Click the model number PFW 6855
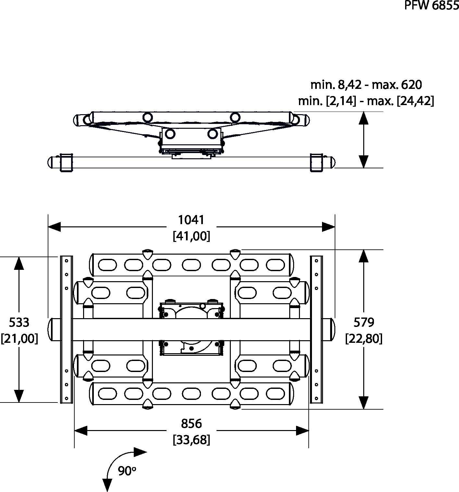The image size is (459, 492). [x=431, y=5]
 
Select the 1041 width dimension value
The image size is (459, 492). [x=191, y=220]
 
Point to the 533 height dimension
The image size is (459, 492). [x=19, y=322]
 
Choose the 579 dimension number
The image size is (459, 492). [x=364, y=322]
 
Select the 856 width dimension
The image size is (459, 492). [x=191, y=424]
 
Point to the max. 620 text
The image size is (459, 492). [x=397, y=85]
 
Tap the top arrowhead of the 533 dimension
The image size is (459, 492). [x=19, y=263]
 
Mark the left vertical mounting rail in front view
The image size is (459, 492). [x=66, y=329]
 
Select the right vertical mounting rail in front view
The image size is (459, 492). [x=316, y=329]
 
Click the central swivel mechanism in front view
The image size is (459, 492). [x=192, y=329]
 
